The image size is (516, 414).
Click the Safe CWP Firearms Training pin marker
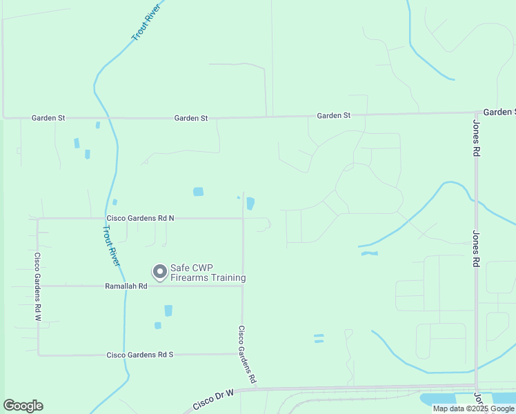point(160,272)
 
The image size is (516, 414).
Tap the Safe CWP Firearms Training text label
point(208,273)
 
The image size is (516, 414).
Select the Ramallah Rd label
point(126,286)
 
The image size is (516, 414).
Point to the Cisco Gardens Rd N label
point(140,218)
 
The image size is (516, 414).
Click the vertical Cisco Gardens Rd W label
point(38,286)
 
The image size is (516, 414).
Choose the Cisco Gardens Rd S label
point(140,355)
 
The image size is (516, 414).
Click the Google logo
point(23,406)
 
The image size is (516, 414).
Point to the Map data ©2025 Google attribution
point(473,408)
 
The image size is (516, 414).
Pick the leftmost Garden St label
point(48,118)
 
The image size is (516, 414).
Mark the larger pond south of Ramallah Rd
point(168,310)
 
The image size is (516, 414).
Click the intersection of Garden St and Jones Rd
point(476,112)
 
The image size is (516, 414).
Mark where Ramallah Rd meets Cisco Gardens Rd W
point(38,286)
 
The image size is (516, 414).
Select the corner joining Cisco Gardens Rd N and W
point(38,219)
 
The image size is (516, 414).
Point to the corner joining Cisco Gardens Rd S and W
point(39,355)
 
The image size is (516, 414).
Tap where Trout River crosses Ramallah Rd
point(125,286)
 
